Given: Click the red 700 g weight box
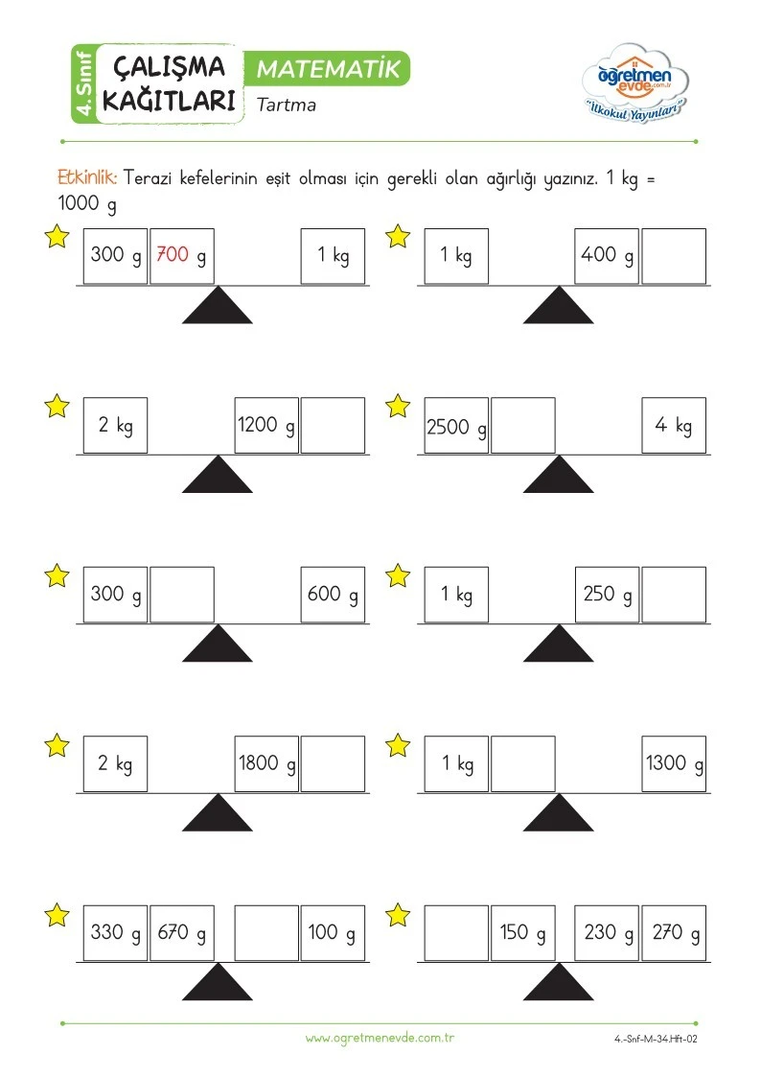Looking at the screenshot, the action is point(182,256).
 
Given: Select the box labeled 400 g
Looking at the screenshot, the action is point(607,256).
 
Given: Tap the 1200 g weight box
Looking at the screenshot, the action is point(266,425).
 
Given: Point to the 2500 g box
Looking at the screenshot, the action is point(456,425).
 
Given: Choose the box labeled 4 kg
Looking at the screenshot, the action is point(674,425).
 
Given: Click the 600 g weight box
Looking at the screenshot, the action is point(333,595).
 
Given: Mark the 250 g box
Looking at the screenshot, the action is point(607,595).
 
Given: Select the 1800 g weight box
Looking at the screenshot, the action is point(266,763).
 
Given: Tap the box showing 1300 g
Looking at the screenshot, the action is point(674,763).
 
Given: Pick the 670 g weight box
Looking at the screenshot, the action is point(182,933).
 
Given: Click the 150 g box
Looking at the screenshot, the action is point(523,933).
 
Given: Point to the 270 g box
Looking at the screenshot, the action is point(674,933).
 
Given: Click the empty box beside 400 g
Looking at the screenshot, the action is point(674,256).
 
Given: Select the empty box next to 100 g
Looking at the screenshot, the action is point(266,933).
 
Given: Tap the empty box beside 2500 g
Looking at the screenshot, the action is point(523,425).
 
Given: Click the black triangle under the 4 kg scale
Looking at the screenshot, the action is point(559,477).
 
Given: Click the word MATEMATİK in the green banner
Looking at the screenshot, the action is point(328,69).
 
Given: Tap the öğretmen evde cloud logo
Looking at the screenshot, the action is point(634,83).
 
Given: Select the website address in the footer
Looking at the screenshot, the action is point(380,1038).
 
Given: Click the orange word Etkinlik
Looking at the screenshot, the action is point(87,177).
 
